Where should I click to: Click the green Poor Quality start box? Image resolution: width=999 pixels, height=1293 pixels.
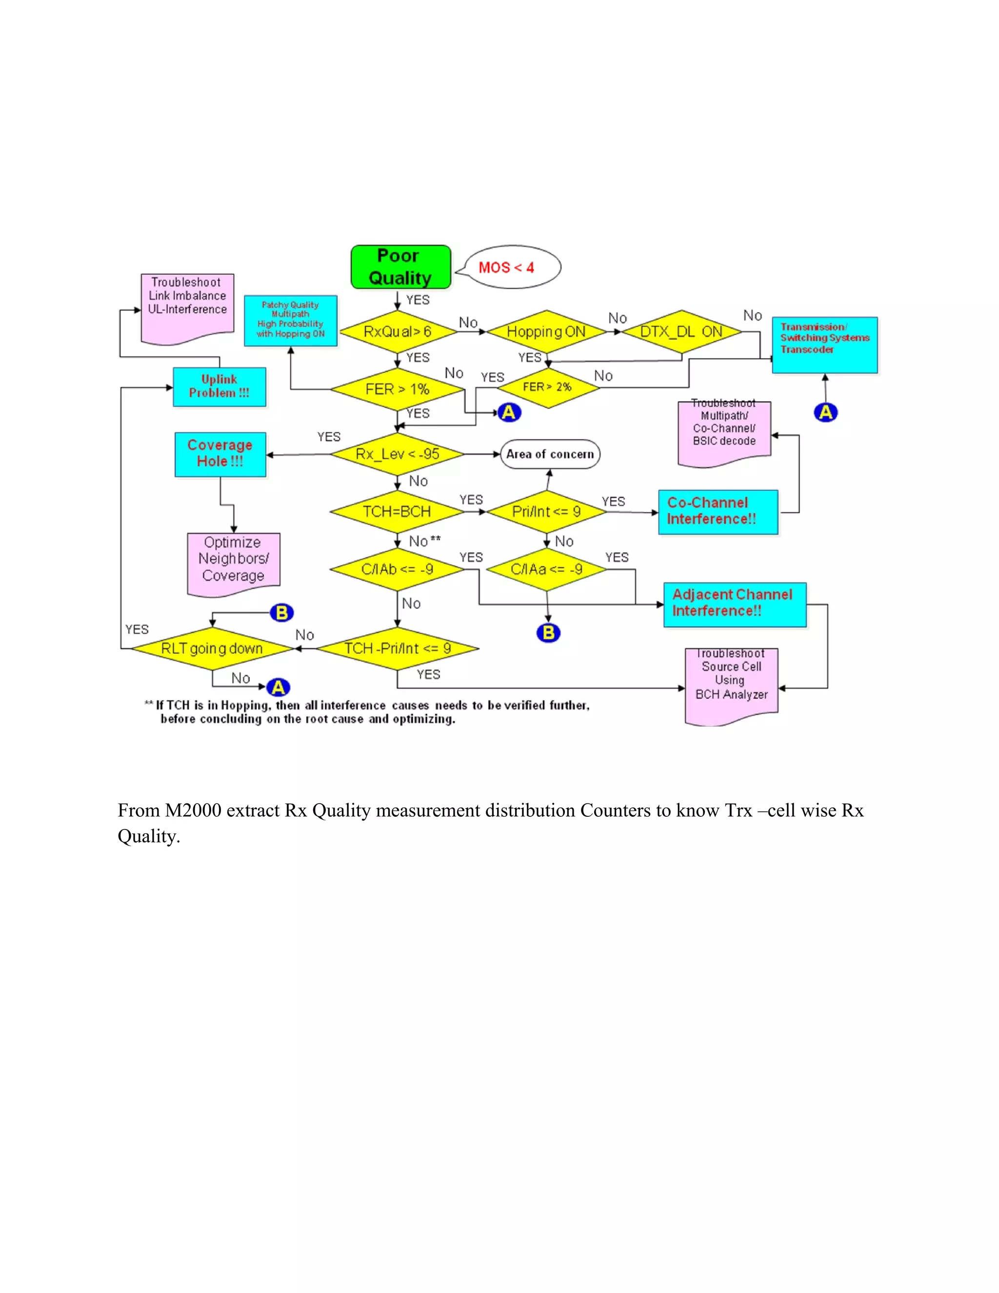click(400, 267)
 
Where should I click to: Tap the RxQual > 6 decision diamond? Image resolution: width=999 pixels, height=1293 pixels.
click(398, 331)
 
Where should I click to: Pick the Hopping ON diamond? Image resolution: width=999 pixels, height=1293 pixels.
click(546, 331)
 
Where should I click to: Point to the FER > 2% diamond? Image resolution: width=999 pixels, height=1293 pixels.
click(547, 387)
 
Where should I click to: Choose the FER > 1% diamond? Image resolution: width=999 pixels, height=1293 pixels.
click(397, 389)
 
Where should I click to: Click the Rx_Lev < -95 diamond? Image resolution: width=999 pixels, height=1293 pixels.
click(397, 454)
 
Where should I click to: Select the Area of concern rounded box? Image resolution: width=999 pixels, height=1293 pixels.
click(550, 454)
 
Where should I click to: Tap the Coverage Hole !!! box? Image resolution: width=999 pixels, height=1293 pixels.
click(220, 454)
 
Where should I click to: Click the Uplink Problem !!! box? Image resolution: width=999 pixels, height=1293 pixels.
click(219, 386)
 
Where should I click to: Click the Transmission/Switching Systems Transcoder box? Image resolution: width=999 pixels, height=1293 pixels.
click(824, 344)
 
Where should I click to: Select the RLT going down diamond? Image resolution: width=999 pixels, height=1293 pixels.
click(212, 648)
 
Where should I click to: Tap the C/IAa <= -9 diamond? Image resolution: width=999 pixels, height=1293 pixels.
click(546, 569)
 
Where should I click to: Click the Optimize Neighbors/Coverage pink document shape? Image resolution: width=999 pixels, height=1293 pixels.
click(233, 561)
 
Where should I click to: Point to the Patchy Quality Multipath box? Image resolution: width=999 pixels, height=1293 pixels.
click(291, 320)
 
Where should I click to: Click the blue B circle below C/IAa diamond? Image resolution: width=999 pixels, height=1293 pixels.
click(548, 633)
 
